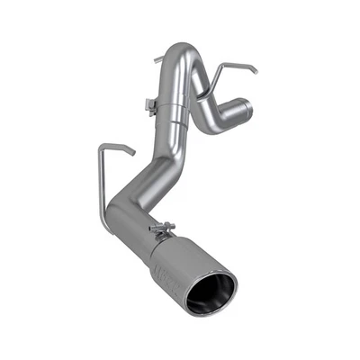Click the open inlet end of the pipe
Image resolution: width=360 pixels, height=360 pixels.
pyautogui.click(x=244, y=111)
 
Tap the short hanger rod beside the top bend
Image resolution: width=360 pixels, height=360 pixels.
pyautogui.click(x=158, y=59)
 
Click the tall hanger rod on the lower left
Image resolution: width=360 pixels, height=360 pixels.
pyautogui.click(x=100, y=180)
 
